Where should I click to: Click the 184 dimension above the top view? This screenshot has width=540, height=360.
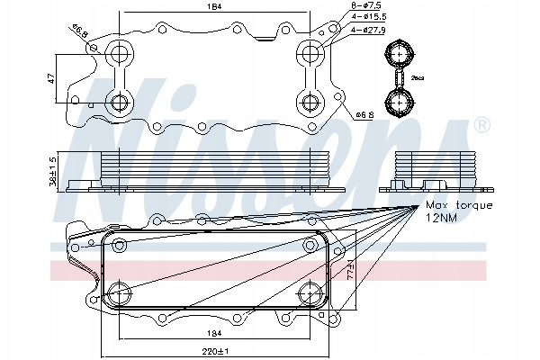(x=212, y=9)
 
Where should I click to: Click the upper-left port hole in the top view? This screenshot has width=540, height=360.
(x=117, y=56)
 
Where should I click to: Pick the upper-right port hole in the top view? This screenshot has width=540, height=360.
(x=310, y=56)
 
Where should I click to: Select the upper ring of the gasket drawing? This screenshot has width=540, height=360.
(x=397, y=55)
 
